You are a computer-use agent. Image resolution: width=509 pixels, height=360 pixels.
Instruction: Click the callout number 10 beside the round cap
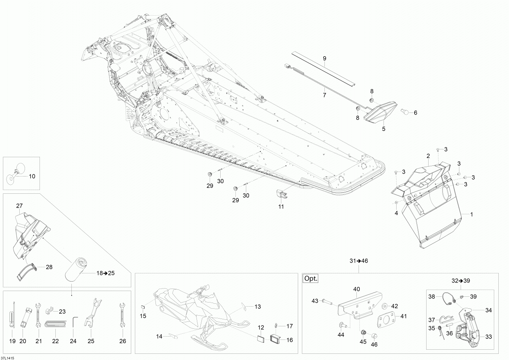[32, 177]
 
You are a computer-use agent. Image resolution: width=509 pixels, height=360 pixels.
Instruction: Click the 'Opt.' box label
[310, 278]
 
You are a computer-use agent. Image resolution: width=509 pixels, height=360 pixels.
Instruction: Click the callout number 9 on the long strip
[324, 59]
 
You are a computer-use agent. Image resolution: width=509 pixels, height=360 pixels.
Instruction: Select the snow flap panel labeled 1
[435, 230]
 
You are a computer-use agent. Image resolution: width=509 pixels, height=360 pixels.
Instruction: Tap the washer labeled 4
[397, 203]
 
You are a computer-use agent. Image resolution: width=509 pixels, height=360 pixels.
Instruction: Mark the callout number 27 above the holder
[19, 206]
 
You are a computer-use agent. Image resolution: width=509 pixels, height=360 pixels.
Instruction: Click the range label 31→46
[358, 261]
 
